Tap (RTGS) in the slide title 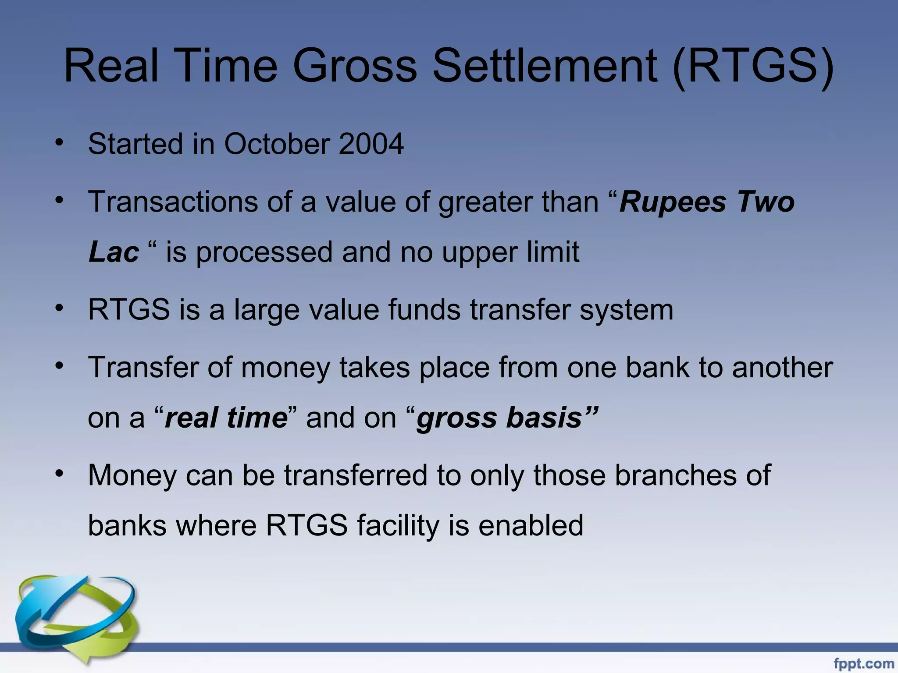pos(752,66)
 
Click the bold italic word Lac pos(114,253)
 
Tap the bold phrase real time pos(226,418)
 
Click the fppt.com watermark pos(863,663)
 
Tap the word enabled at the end pos(531,525)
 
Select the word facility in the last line pos(397,525)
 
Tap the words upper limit pos(510,253)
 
